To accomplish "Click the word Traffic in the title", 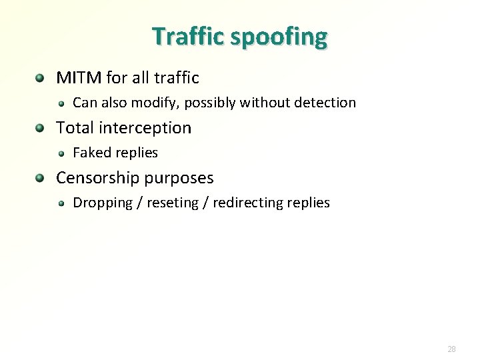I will pyautogui.click(x=189, y=36).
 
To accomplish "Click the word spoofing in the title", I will pyautogui.click(x=279, y=37).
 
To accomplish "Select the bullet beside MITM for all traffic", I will pyautogui.click(x=41, y=78).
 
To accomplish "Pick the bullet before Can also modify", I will pyautogui.click(x=61, y=103).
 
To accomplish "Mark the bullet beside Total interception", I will pyautogui.click(x=41, y=128).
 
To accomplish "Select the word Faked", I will pyautogui.click(x=91, y=153).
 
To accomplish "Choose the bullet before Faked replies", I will pyautogui.click(x=61, y=153).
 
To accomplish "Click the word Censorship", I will pyautogui.click(x=97, y=178).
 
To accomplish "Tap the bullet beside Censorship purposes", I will pyautogui.click(x=41, y=178).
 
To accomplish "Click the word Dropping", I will pyautogui.click(x=101, y=203).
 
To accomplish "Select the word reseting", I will pyautogui.click(x=174, y=203).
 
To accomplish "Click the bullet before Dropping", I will pyautogui.click(x=61, y=203).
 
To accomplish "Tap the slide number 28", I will pyautogui.click(x=452, y=349).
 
